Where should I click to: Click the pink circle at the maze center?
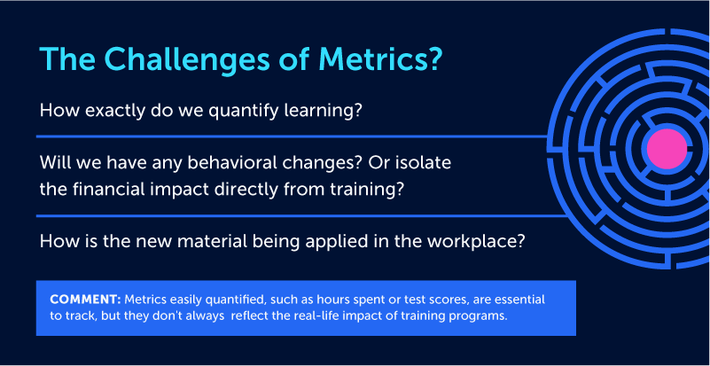pyautogui.click(x=667, y=149)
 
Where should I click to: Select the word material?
pyautogui.click(x=212, y=241)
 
